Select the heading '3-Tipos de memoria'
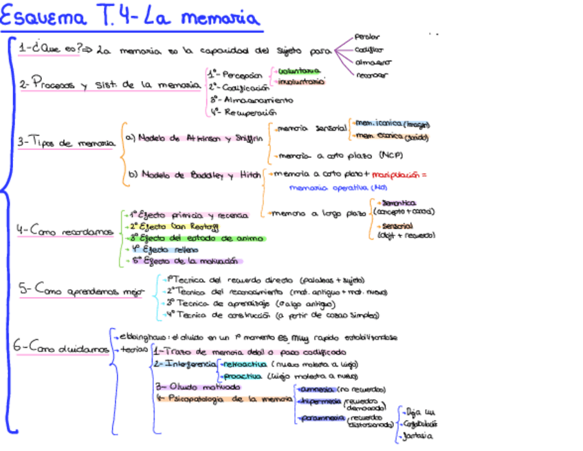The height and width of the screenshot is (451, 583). (x=65, y=143)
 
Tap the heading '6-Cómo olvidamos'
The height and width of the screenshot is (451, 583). (x=60, y=348)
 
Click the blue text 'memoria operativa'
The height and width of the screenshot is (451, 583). (x=329, y=187)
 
